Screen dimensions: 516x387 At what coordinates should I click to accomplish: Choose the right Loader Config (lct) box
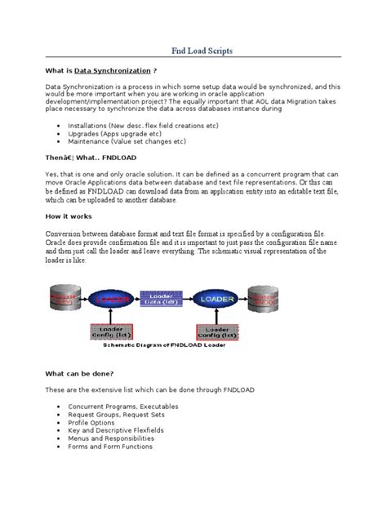point(214,332)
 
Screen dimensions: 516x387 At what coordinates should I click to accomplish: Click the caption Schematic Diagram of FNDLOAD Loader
point(167,346)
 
